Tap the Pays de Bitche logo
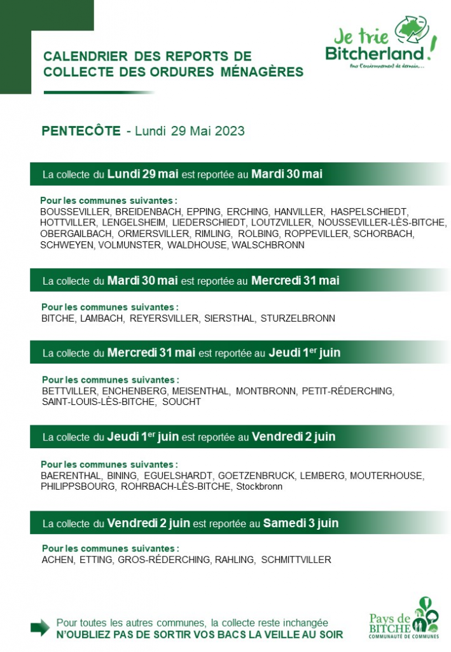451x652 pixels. click(404, 618)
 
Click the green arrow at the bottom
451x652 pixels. click(40, 627)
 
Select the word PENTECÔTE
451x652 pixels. click(81, 131)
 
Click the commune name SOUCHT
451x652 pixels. click(181, 402)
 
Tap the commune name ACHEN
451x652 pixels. click(57, 560)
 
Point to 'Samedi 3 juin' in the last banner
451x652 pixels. click(301, 523)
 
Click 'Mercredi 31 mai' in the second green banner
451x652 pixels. click(295, 280)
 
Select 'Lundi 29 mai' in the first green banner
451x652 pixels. click(142, 173)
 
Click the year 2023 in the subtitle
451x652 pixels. click(230, 131)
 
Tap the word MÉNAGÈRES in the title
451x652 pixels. click(262, 72)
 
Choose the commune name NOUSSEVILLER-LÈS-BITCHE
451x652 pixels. click(382, 222)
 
